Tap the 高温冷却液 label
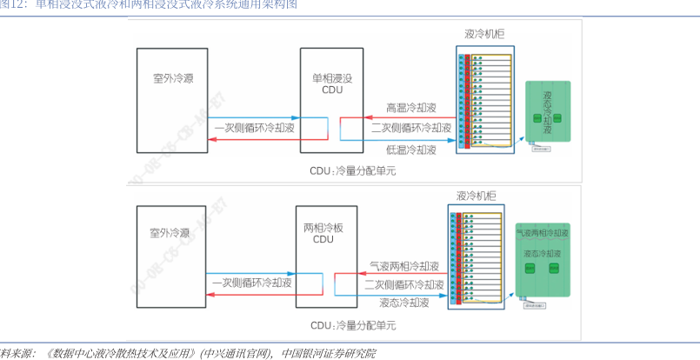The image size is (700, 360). (x=411, y=109)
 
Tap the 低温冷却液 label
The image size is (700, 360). (x=411, y=150)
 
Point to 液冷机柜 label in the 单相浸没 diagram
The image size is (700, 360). (x=484, y=34)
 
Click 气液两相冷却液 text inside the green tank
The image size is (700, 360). (x=543, y=233)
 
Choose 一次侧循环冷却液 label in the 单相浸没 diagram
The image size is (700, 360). (x=253, y=127)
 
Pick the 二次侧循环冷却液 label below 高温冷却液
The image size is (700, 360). (x=410, y=128)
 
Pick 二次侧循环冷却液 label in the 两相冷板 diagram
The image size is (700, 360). (x=404, y=284)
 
